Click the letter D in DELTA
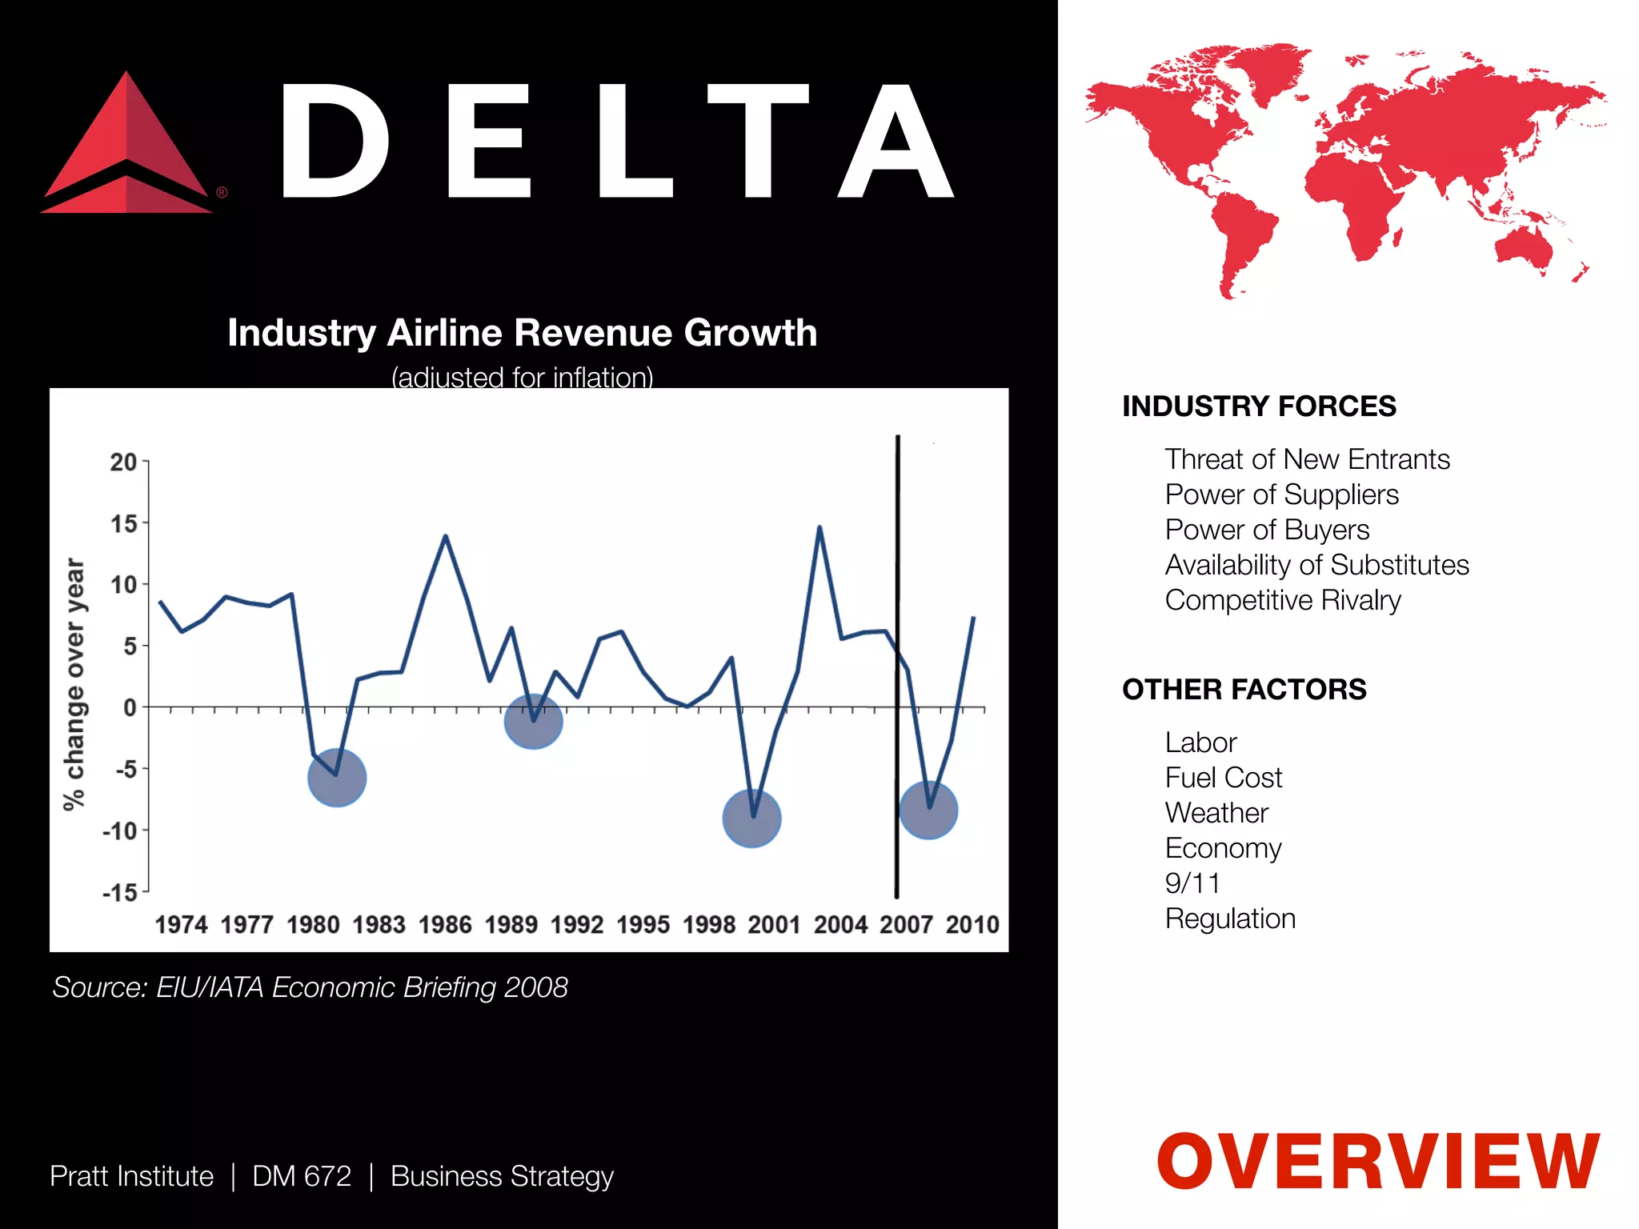click(335, 142)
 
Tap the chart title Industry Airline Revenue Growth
click(522, 333)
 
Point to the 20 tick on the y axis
click(124, 462)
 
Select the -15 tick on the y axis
click(121, 892)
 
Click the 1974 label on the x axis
click(181, 925)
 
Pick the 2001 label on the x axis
click(774, 925)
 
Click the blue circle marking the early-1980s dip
click(337, 778)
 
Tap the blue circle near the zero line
click(533, 721)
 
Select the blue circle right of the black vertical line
click(928, 810)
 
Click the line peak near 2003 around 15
click(819, 527)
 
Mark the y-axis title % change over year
click(74, 684)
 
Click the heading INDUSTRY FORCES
click(1259, 406)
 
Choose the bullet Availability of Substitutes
click(1316, 565)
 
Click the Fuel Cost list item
click(1223, 778)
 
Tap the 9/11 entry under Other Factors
click(1192, 883)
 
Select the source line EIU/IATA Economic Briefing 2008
click(311, 987)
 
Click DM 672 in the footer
click(302, 1176)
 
